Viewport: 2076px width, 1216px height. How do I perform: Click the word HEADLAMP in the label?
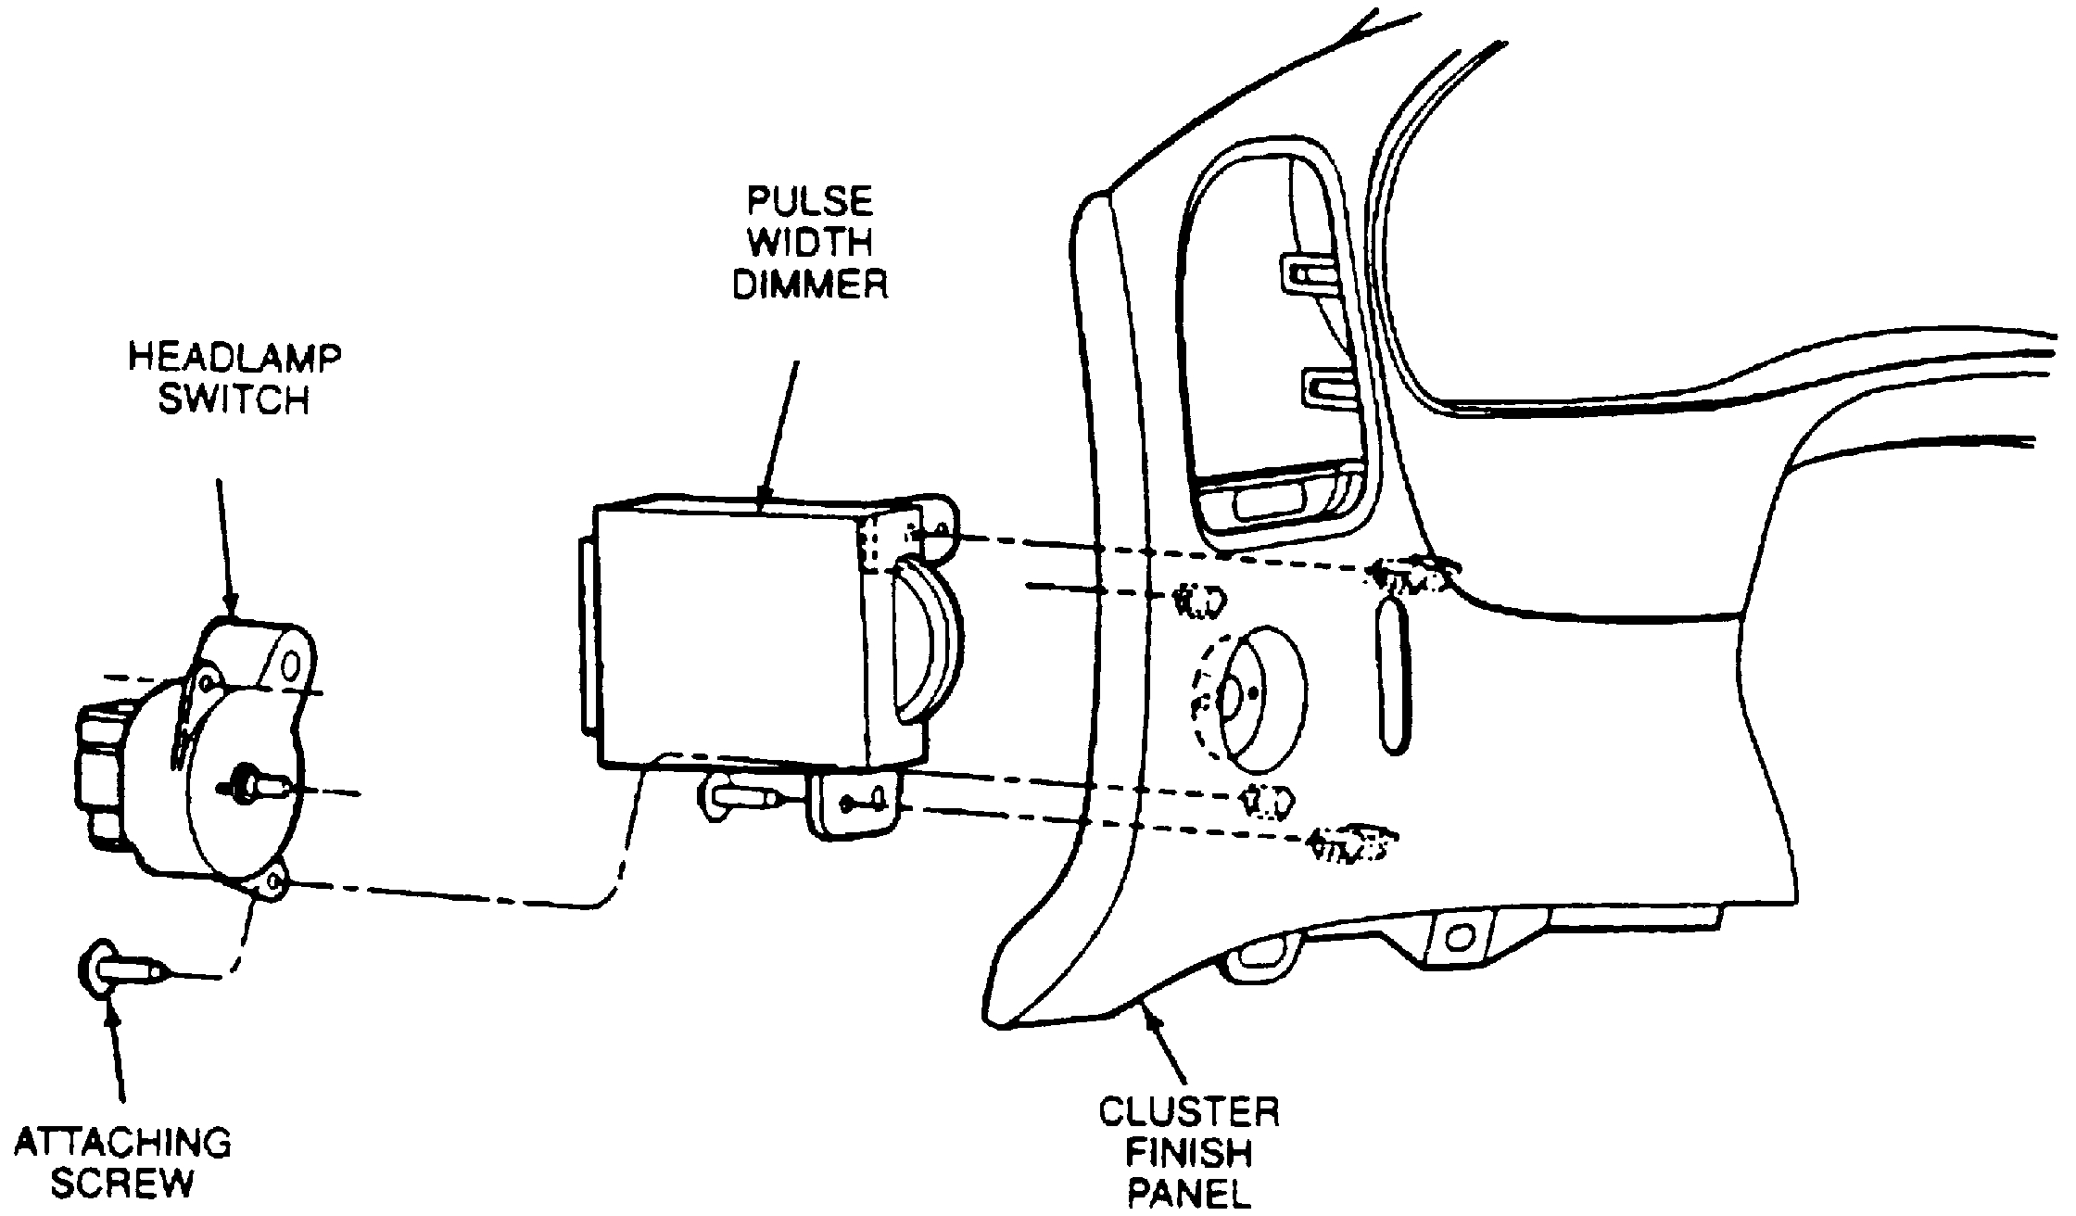[x=234, y=358]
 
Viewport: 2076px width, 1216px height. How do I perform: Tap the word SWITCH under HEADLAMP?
[x=234, y=400]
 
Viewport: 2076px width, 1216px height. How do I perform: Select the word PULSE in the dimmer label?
[x=811, y=201]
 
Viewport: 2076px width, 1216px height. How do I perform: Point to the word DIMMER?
[x=811, y=285]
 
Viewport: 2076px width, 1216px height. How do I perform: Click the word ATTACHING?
[x=123, y=1143]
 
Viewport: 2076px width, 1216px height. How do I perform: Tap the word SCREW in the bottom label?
[x=123, y=1184]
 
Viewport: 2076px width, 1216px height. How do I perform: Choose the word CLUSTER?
[x=1189, y=1111]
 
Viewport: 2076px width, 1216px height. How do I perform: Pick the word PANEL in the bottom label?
[x=1189, y=1193]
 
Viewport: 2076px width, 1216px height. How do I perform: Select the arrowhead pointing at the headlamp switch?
[x=230, y=607]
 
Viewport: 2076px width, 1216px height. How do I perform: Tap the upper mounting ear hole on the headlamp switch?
[x=293, y=665]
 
